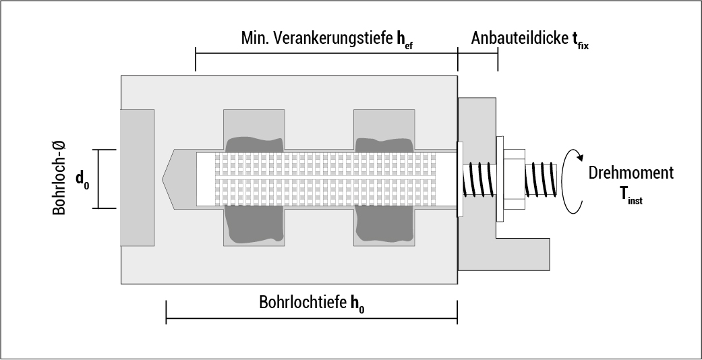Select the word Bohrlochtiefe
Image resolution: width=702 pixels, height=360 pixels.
point(303,301)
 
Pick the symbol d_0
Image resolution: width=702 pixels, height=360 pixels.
point(82,179)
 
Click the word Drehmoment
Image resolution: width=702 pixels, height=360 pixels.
point(631,173)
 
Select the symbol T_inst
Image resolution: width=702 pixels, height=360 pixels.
point(631,195)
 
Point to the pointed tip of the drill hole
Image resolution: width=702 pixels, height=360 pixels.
point(167,179)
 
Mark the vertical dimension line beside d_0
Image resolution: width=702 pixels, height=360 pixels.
point(98,179)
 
